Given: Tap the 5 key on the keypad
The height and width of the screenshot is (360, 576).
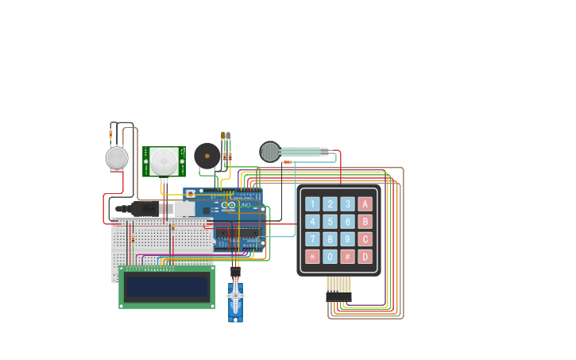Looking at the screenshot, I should [x=330, y=222].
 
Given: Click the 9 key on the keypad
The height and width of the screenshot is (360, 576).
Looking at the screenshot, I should [x=347, y=239].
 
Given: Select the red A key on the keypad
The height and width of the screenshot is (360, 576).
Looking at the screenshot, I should [x=365, y=204].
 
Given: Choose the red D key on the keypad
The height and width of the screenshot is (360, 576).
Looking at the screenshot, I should [x=365, y=257].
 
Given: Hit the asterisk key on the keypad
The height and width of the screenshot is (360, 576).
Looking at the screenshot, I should [x=312, y=257].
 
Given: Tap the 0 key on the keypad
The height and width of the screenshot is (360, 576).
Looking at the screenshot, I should [x=330, y=257].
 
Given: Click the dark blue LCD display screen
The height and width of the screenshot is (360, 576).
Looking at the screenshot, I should [x=166, y=287].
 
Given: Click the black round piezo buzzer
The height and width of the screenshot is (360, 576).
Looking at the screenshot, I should [x=207, y=156].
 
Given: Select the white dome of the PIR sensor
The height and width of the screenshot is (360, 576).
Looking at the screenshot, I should [x=164, y=162].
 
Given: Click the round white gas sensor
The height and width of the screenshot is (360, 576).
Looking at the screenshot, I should [x=117, y=158].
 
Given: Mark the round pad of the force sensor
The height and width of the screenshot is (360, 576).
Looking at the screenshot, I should [x=270, y=151].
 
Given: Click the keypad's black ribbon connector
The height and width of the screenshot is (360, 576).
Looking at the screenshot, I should [x=338, y=296].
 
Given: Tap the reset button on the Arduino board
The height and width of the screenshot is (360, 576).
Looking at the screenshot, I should [x=190, y=194].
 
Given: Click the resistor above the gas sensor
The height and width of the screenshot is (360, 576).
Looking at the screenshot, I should [x=110, y=134].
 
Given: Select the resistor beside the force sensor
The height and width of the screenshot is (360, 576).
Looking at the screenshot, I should [x=287, y=162].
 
